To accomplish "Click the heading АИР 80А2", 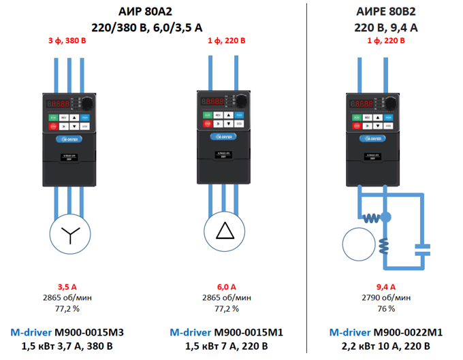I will coord(146,12).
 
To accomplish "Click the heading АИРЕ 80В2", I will coord(376,12).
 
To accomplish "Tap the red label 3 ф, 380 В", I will coord(67,41).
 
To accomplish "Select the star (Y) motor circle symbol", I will coord(68,235).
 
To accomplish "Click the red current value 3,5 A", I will coord(67,287).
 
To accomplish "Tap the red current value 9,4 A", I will coord(385,287).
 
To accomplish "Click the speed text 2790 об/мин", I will coord(385,297).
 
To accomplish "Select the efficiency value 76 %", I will coord(385,308).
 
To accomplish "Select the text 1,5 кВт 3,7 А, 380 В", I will coord(67,346).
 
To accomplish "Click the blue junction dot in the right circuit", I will coord(386,217).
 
